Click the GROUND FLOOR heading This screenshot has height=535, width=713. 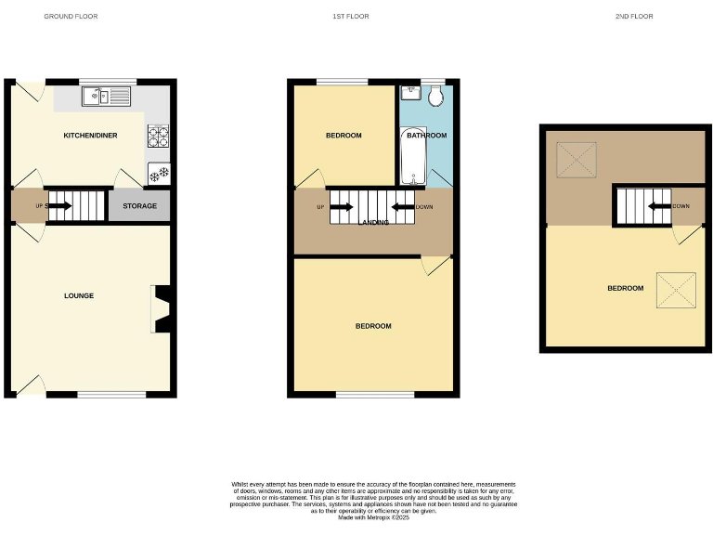[71, 17]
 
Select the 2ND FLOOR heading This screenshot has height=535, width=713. [634, 17]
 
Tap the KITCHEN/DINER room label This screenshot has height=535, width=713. [89, 136]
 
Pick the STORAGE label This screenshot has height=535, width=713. [139, 205]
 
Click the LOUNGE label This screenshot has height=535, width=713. [79, 295]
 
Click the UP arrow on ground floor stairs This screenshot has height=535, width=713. [60, 205]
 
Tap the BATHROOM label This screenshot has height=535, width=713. [425, 136]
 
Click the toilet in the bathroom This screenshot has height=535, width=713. [436, 94]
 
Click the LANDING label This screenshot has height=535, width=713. [372, 222]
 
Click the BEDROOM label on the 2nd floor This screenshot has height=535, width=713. [625, 288]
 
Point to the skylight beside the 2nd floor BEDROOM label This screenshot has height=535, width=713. [675, 289]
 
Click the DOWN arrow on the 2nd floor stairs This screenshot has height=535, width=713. [658, 206]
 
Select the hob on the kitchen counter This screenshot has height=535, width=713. [157, 137]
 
